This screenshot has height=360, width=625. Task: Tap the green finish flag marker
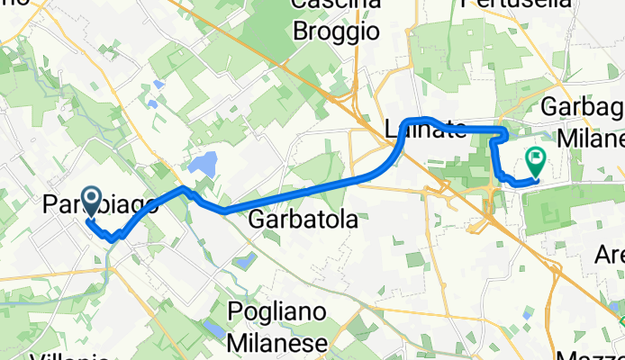pos(537,162)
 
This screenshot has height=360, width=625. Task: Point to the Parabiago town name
pos(99,206)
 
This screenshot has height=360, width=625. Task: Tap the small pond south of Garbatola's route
pos(244,237)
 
